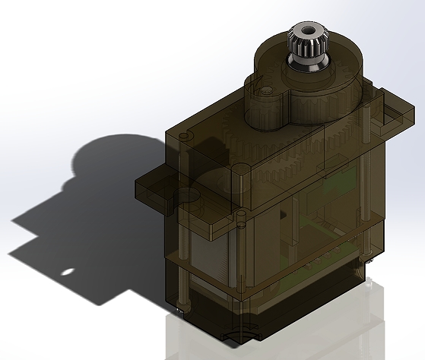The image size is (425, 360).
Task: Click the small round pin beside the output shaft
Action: (266, 89)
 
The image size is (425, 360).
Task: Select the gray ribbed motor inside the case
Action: (209, 266)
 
